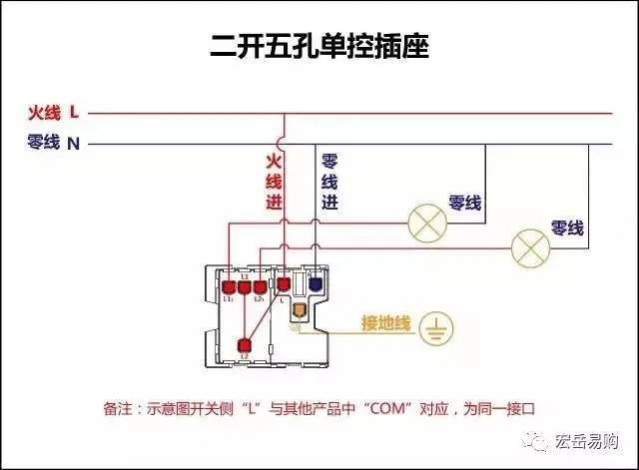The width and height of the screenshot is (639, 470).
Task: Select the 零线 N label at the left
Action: coord(53,143)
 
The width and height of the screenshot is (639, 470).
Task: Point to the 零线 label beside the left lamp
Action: coord(465,203)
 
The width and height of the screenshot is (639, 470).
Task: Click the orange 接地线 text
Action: coord(386,324)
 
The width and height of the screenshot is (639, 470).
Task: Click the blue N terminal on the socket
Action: coord(317,283)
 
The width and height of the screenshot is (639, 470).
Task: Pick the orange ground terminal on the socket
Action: coord(298,308)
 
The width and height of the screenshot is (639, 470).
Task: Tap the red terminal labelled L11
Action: coord(229,285)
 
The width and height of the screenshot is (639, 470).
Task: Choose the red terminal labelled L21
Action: coord(260,285)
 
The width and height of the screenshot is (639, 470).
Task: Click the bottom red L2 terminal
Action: coord(245,345)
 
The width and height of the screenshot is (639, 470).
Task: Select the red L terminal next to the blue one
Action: coord(285,285)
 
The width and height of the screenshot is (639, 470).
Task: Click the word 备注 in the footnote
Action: coord(118,409)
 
